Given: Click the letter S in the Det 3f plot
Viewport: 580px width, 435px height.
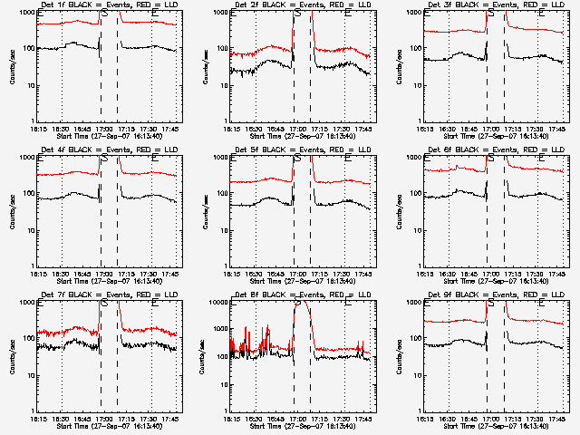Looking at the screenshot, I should click(490, 14).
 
